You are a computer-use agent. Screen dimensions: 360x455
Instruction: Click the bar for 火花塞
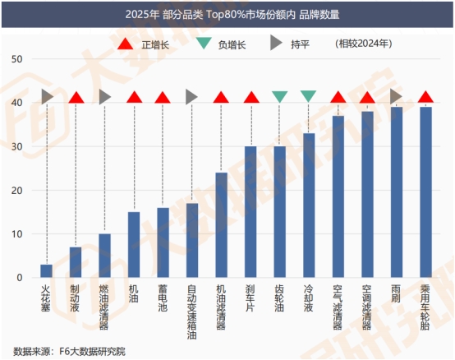pos(47,271)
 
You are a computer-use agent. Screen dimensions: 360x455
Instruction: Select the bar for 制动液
pos(76,262)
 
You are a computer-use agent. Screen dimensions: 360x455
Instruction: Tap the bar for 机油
pos(134,245)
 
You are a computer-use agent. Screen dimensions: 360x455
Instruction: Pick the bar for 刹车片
pos(250,212)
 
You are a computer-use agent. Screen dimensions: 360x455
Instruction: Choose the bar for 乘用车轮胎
pos(425,192)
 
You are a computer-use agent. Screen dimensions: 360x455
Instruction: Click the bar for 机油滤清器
pos(222,225)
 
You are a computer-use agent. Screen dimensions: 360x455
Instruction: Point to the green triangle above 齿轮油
pos(279,97)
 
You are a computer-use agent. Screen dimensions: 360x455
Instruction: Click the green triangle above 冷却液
pos(309,97)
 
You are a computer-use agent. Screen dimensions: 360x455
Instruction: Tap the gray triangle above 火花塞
pos(47,97)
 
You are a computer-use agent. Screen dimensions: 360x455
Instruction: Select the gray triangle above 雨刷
pos(396,97)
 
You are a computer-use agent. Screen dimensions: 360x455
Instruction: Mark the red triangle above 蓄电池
pos(163,98)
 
